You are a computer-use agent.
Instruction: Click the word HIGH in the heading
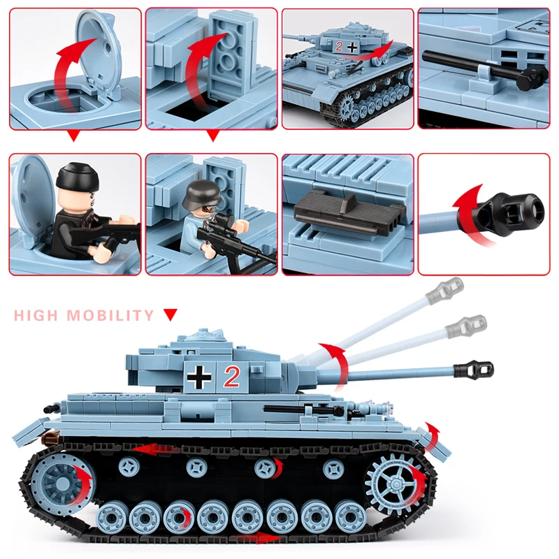pos(36,315)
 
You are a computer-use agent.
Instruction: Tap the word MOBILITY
pos(110,315)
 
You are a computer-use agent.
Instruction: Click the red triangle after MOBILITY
pos(170,315)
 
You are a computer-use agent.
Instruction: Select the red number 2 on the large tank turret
pos(231,377)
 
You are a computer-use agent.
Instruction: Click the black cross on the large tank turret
pos(201,377)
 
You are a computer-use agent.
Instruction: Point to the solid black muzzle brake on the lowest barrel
pos(479,368)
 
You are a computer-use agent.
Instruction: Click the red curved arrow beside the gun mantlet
pos(335,363)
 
